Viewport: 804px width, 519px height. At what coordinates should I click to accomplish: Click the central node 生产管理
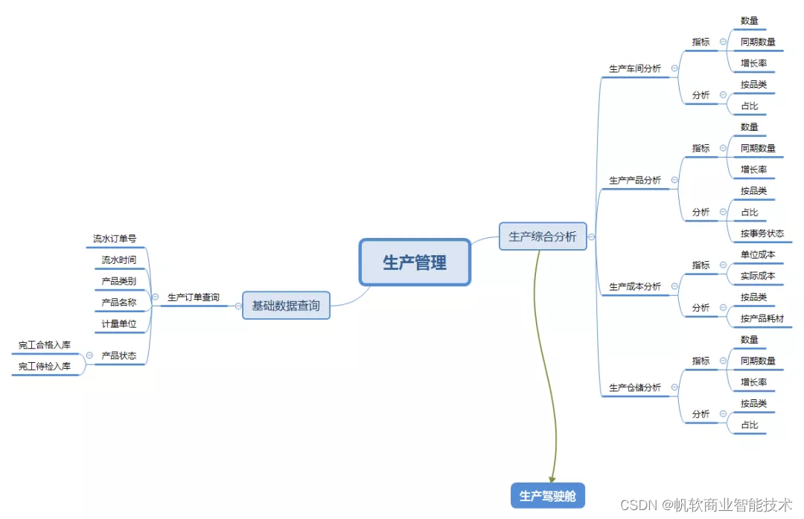415,262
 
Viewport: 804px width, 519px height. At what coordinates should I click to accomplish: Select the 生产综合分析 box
542,236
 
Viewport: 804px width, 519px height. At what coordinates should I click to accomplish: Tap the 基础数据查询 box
286,305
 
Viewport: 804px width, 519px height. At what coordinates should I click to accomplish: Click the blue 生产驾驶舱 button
547,496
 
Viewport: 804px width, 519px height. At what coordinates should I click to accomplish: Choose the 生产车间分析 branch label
634,68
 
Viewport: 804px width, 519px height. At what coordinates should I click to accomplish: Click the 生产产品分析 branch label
634,180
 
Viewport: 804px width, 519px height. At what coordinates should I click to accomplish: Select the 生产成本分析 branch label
634,286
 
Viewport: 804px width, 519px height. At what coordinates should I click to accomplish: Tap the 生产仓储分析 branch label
634,387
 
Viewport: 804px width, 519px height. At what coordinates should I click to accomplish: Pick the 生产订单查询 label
193,297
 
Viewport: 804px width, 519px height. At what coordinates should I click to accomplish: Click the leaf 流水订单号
115,239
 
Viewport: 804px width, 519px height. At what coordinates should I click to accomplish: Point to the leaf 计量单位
118,324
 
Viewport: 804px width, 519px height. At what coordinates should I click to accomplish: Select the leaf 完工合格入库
45,345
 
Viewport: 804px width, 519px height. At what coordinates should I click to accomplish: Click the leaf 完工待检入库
45,366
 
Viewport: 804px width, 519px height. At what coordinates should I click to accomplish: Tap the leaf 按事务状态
762,233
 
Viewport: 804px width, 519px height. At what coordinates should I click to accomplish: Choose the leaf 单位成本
757,254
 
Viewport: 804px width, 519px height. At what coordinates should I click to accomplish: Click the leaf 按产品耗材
762,319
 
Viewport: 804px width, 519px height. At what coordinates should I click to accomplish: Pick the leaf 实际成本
757,276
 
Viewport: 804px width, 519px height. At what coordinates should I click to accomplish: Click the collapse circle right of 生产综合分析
592,237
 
